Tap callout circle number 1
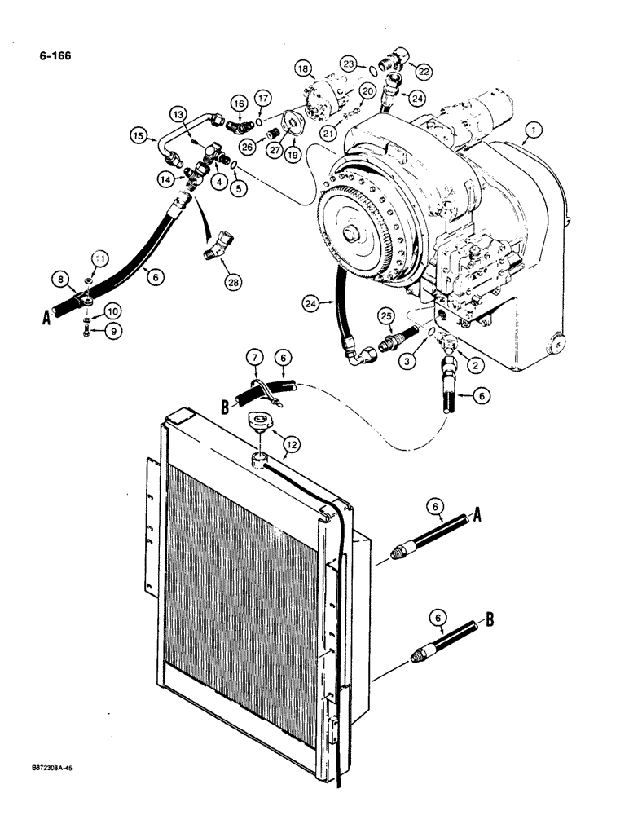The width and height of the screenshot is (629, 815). pyautogui.click(x=533, y=128)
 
